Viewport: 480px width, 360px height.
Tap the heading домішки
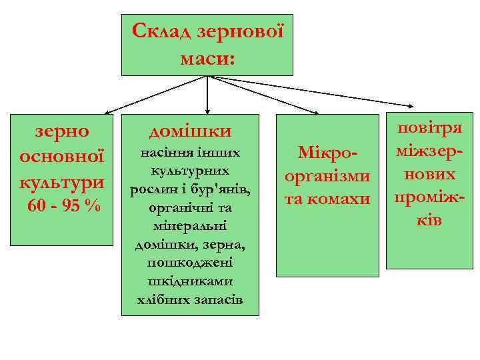(x=190, y=130)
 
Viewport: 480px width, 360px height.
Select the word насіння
(x=165, y=153)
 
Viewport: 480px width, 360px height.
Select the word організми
(x=327, y=177)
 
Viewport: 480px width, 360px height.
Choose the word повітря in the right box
(x=429, y=130)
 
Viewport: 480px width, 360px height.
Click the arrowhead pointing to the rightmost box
(x=409, y=105)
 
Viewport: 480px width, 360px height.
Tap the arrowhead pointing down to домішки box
(x=208, y=107)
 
